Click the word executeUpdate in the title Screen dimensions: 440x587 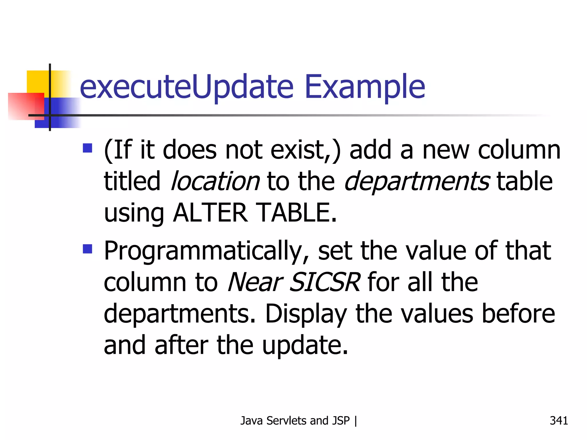[x=187, y=87]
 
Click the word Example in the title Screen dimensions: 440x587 [x=365, y=87]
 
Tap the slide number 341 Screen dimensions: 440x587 [x=559, y=421]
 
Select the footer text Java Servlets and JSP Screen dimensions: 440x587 [x=295, y=421]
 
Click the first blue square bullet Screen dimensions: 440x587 [x=87, y=148]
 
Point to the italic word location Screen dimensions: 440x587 [x=215, y=181]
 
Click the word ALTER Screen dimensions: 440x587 [x=210, y=213]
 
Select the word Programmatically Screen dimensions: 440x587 [x=206, y=252]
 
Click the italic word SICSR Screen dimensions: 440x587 [x=324, y=282]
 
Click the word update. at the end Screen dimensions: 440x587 [x=305, y=345]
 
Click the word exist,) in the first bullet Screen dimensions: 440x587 [x=306, y=150]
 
